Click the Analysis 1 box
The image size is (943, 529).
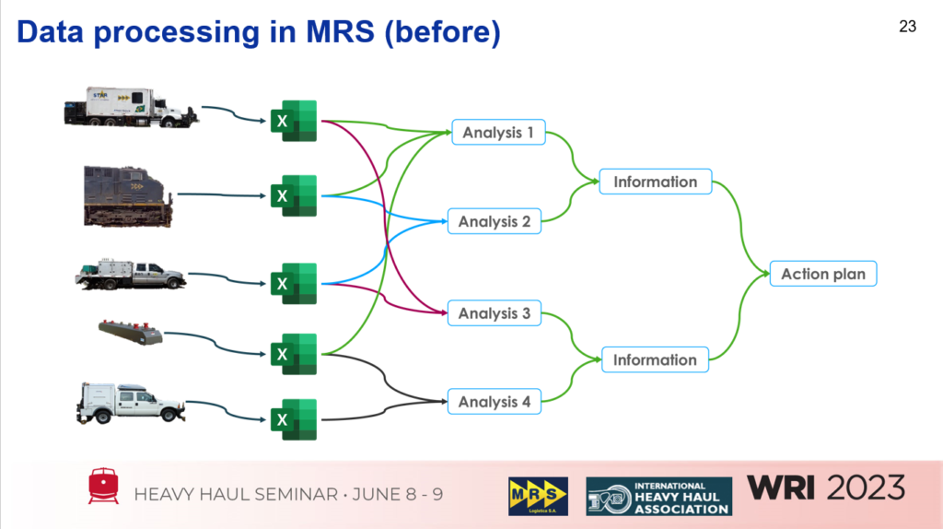[498, 133]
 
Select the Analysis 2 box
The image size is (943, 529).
[495, 222]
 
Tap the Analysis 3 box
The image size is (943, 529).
[495, 313]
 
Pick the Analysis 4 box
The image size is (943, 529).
[495, 402]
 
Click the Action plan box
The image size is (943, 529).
[823, 275]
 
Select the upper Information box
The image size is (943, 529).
[655, 182]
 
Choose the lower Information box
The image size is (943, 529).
[655, 360]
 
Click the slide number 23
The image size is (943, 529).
[907, 27]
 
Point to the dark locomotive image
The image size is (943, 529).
[127, 195]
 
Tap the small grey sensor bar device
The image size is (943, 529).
[131, 332]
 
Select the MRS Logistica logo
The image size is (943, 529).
[538, 496]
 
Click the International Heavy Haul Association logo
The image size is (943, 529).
[658, 496]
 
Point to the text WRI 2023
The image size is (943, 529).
[826, 488]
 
